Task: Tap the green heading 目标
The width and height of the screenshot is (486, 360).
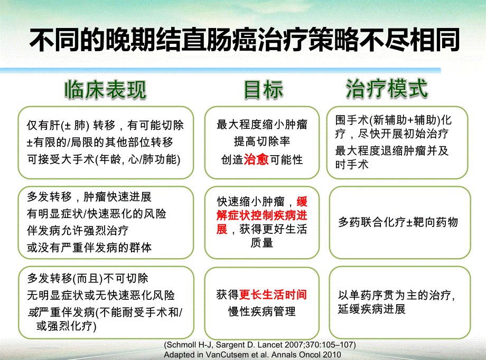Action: coord(263,90)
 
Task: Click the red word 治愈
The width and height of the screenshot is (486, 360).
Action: coord(256,160)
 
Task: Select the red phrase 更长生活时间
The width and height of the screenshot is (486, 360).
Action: coord(273,295)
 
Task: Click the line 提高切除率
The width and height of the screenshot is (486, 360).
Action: coord(262,142)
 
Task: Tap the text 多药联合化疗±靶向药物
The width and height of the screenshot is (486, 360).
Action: coord(398,222)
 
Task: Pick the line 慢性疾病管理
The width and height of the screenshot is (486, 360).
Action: coord(262,311)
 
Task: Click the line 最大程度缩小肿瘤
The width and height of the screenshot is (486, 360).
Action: coord(262,125)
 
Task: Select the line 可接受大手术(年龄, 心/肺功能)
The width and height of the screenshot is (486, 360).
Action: coord(104,159)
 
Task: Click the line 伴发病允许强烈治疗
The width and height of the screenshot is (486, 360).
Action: coord(77,231)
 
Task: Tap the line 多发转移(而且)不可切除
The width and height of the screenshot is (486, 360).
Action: coord(87,278)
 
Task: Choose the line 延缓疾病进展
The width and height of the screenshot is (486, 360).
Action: coord(371,309)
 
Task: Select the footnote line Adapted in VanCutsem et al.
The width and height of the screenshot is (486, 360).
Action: coord(253,354)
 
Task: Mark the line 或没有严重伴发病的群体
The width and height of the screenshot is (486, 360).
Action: coord(89,248)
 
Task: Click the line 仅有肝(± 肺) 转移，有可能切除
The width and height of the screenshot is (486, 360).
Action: coord(105,126)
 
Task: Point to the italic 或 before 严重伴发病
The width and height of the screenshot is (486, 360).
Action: coord(32,312)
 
